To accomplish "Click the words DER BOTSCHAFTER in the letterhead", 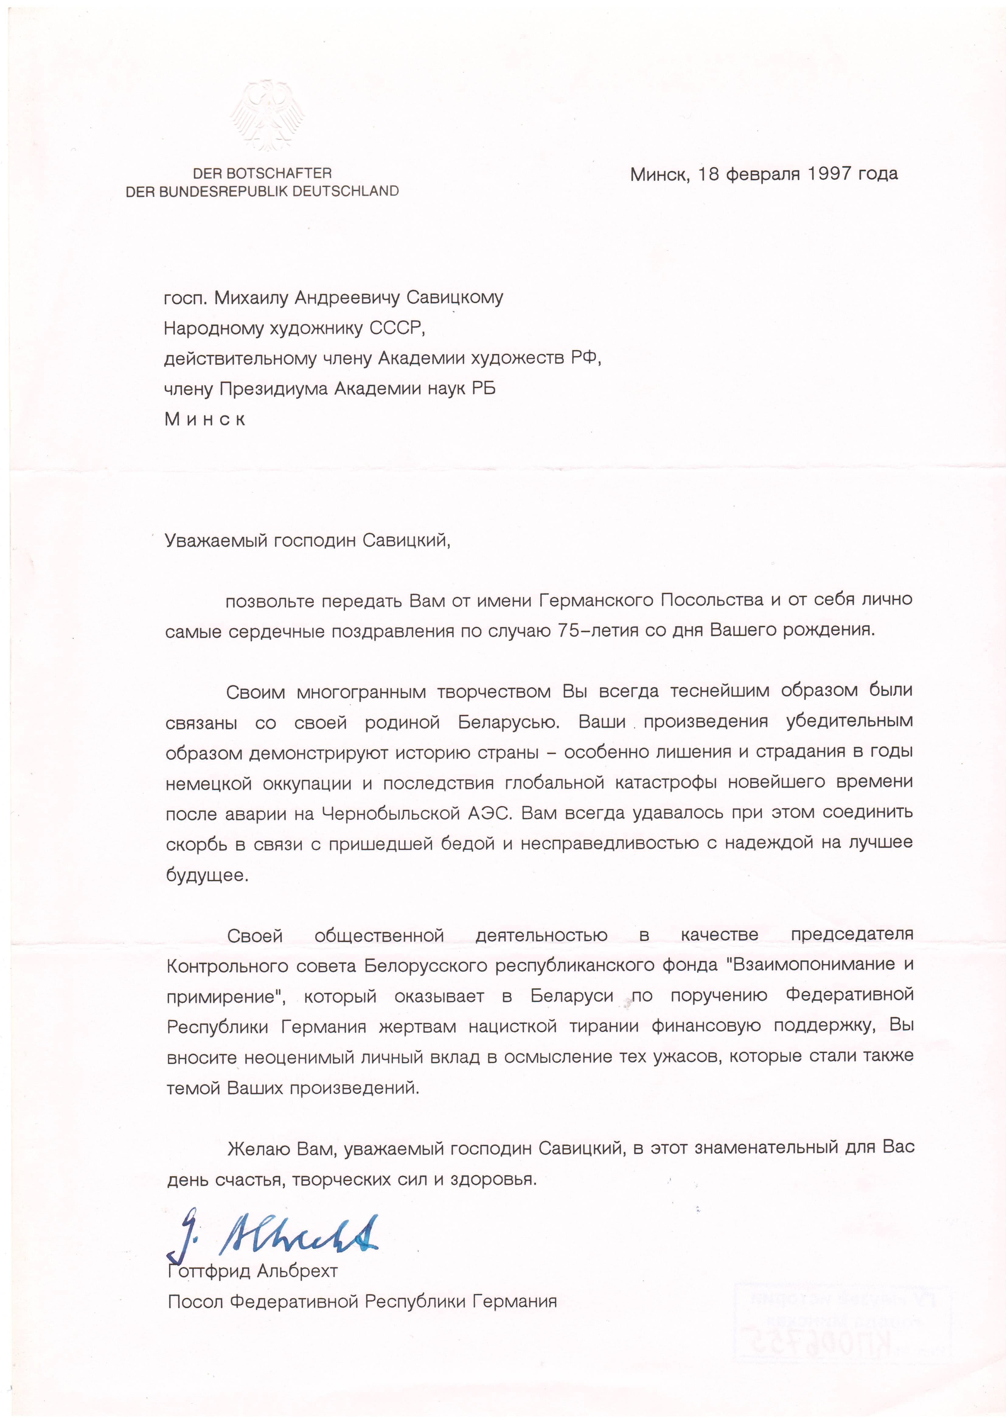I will tap(262, 173).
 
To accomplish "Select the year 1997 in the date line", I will tap(829, 174).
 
